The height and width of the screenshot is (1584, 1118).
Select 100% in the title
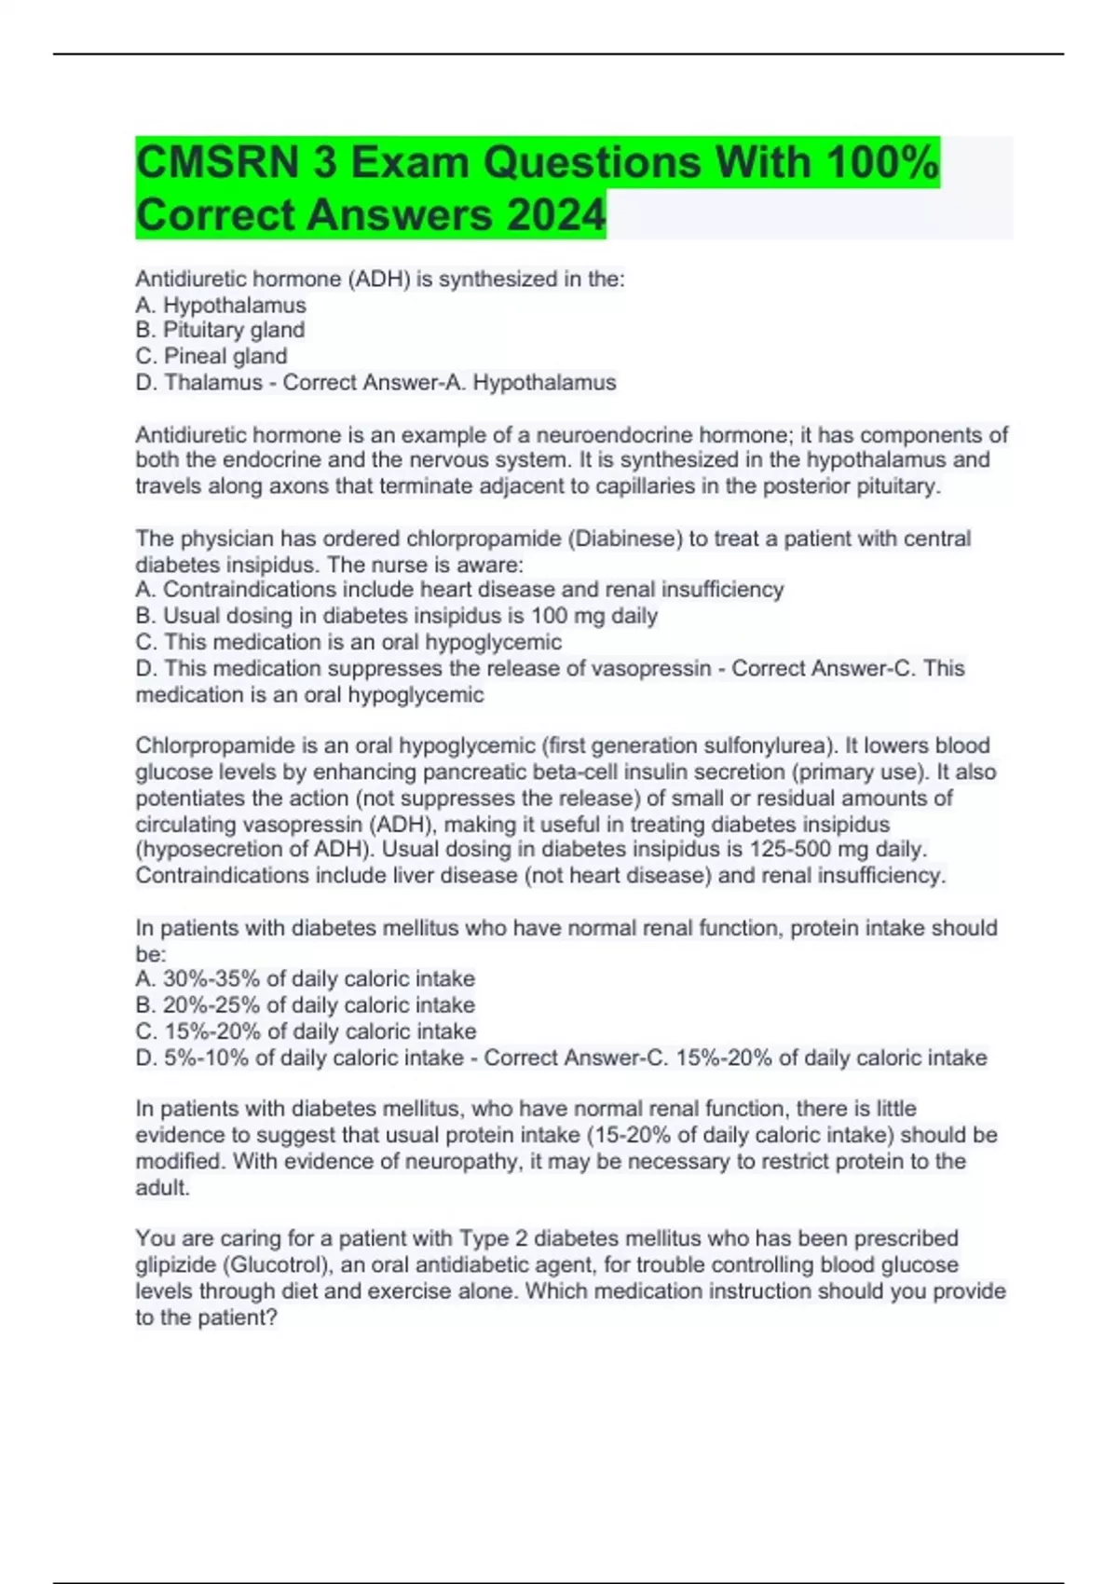[x=882, y=163]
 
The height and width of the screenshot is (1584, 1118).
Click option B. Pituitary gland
[x=220, y=330]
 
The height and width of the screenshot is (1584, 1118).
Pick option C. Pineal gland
[x=211, y=356]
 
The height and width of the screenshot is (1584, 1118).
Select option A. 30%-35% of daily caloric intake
[x=306, y=978]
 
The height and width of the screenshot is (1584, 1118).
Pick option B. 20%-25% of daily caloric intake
[x=306, y=1004]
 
